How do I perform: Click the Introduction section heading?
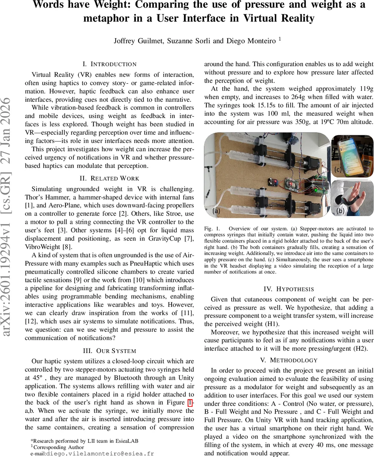coord(109,64)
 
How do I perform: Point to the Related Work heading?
coord(109,178)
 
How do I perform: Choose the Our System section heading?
coord(109,350)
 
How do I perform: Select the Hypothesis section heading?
coord(288,289)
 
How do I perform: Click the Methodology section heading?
coord(288,360)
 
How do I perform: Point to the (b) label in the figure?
coord(341,210)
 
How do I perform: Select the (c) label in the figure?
coord(338,169)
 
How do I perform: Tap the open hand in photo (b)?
coord(352,196)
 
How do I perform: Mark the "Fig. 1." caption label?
coord(211,230)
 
